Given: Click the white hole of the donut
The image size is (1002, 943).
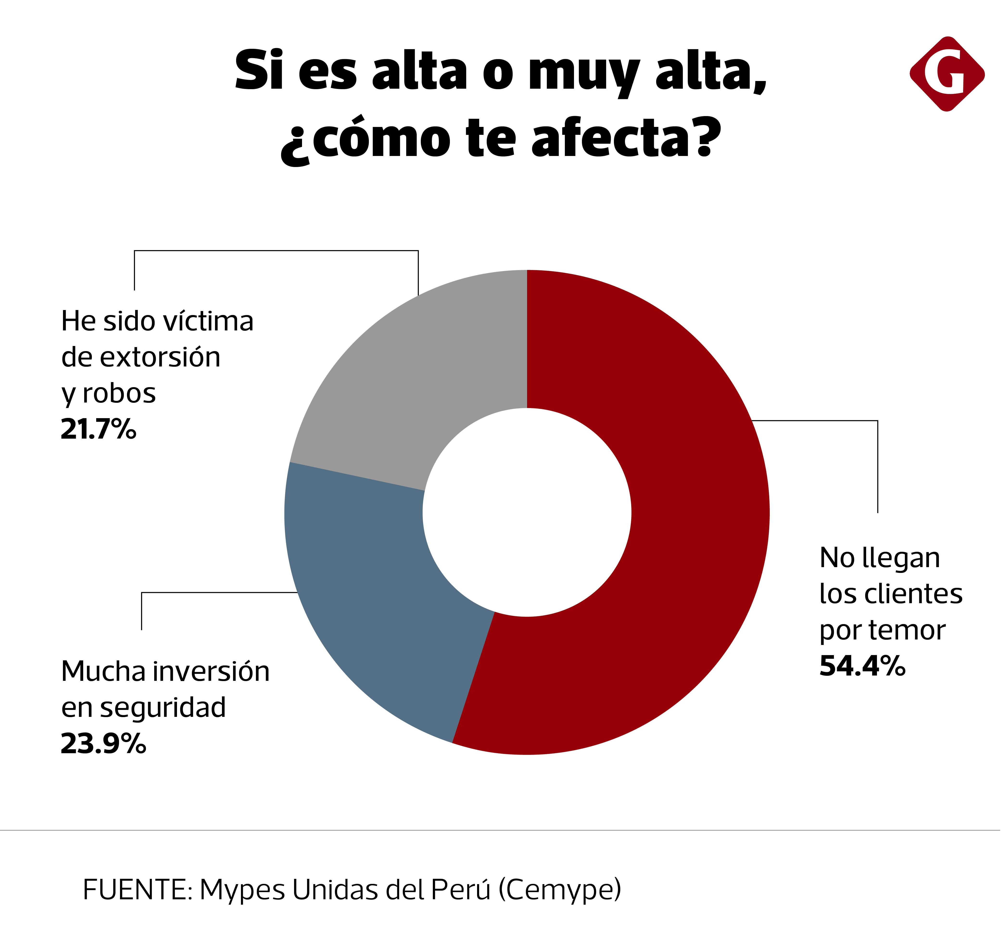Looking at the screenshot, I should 527,512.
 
